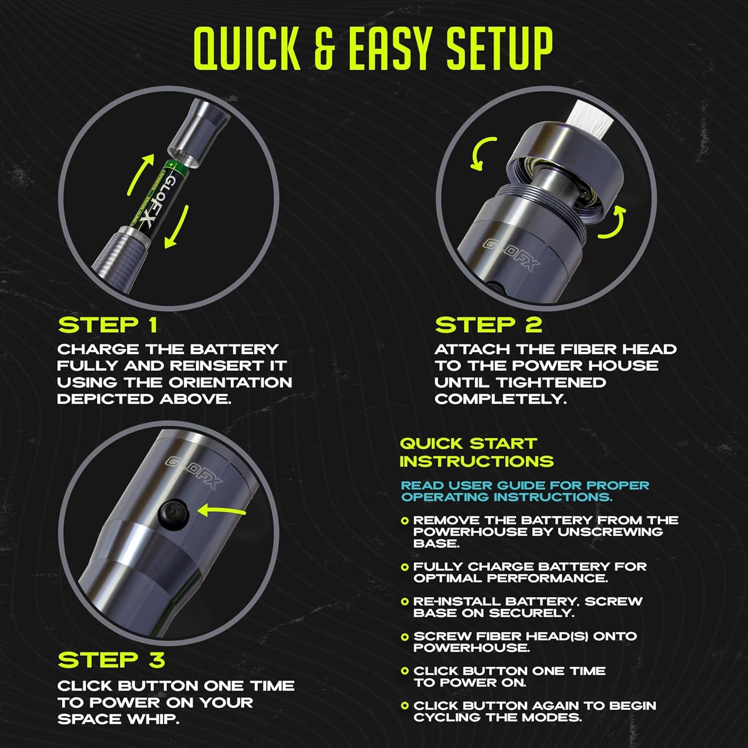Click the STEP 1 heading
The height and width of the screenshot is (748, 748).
[x=108, y=326]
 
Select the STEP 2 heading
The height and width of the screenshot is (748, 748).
[x=488, y=326]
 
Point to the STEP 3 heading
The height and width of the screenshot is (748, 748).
[x=111, y=660]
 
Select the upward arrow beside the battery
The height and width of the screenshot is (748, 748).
[x=141, y=174]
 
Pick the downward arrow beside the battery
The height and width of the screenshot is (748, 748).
[x=176, y=228]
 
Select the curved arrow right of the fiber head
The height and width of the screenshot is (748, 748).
[x=613, y=223]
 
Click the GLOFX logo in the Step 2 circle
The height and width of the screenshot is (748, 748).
[x=510, y=254]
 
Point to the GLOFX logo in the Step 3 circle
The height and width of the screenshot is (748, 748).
[x=194, y=471]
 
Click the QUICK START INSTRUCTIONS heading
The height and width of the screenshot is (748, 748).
[x=476, y=452]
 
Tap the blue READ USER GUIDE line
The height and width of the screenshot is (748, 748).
[x=525, y=491]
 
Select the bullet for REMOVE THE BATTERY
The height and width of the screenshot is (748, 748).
[x=405, y=521]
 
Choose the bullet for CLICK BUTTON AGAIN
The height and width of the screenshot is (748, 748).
[x=405, y=706]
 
